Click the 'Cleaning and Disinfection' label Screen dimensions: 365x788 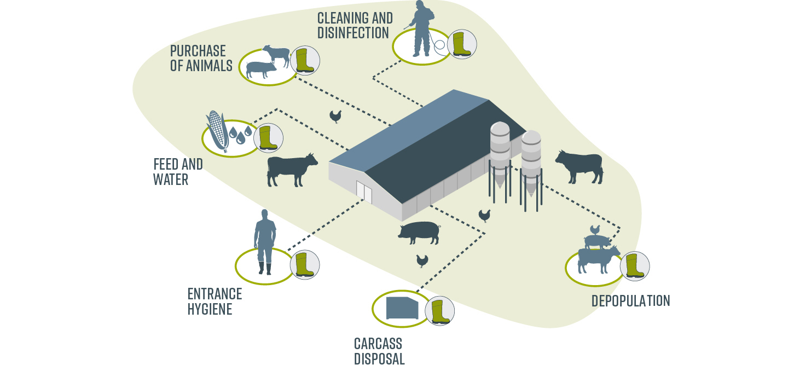tap(354, 25)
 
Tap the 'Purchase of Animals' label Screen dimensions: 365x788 tap(201, 58)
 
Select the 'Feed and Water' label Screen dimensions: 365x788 tap(178, 171)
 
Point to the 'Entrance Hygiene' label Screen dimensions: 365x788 tap(214, 301)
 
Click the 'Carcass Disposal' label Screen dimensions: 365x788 tap(379, 351)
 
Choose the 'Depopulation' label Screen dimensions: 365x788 tap(630, 300)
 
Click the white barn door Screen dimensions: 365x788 tap(364, 192)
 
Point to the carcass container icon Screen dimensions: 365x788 tap(402, 309)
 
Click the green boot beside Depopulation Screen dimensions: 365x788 tap(635, 266)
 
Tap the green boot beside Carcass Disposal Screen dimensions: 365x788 tap(439, 311)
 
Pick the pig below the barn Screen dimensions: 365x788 tap(419, 233)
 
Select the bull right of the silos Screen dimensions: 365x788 tap(580, 166)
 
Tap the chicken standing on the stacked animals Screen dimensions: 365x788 tap(595, 230)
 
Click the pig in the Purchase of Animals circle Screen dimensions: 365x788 tap(262, 69)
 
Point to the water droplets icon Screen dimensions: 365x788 tap(240, 134)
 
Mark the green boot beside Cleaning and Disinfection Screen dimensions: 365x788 tap(461, 44)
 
